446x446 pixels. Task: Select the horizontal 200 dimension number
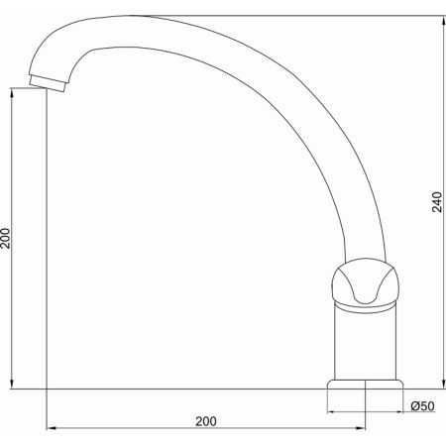[205, 420]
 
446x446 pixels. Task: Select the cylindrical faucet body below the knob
[367, 342]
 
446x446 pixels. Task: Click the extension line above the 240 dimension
[297, 15]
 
